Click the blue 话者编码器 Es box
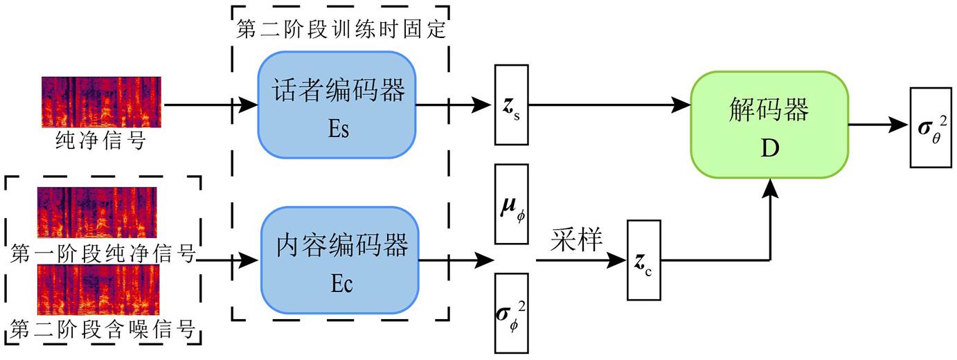pyautogui.click(x=337, y=105)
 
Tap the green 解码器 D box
pyautogui.click(x=769, y=125)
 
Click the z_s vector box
pyautogui.click(x=511, y=105)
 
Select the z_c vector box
pyautogui.click(x=644, y=260)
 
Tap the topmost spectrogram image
pyautogui.click(x=102, y=102)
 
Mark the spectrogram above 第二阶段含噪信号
pyautogui.click(x=98, y=289)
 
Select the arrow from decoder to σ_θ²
pyautogui.click(x=879, y=126)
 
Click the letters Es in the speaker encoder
pyautogui.click(x=337, y=129)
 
